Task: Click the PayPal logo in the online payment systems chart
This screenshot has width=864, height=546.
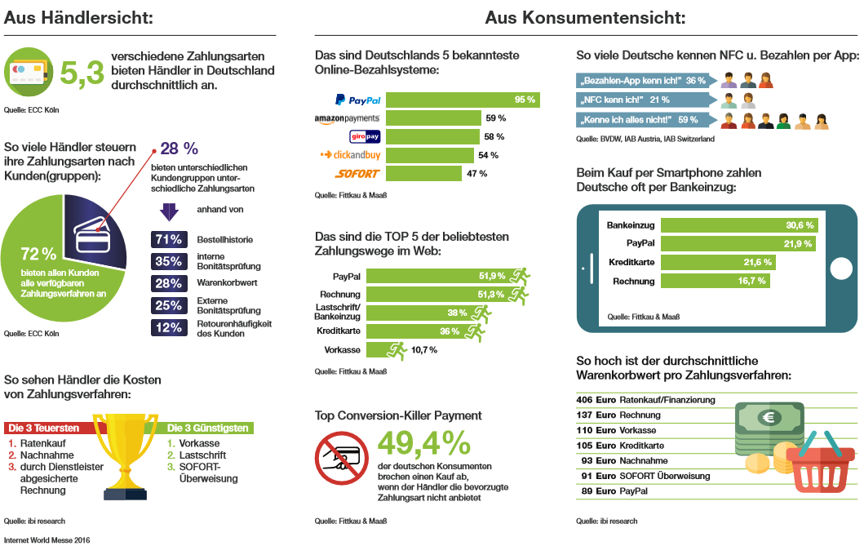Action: tap(357, 100)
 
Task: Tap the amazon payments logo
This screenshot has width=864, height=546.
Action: tap(348, 118)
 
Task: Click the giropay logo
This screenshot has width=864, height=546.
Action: tap(365, 136)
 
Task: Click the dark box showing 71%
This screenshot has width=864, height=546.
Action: tap(167, 240)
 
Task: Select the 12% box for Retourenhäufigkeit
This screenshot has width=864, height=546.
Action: tap(167, 328)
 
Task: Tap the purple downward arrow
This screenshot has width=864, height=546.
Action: tap(169, 211)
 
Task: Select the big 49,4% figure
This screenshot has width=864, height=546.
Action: tap(424, 443)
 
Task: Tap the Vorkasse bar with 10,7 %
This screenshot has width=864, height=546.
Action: tap(386, 349)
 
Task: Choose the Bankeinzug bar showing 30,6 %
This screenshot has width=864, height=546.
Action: tap(739, 224)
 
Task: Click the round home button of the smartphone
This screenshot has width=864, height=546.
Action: tap(841, 268)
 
